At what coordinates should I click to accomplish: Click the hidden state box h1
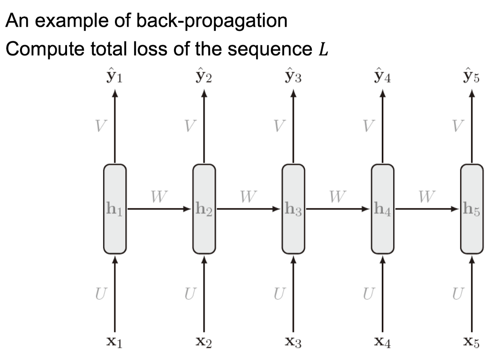pyautogui.click(x=115, y=209)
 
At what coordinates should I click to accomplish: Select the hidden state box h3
pyautogui.click(x=294, y=209)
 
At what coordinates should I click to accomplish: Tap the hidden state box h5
pyautogui.click(x=472, y=209)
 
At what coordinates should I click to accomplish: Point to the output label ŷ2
pyautogui.click(x=204, y=76)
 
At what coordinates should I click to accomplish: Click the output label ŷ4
pyautogui.click(x=382, y=76)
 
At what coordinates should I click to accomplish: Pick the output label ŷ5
pyautogui.click(x=471, y=76)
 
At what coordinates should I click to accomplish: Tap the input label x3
pyautogui.click(x=293, y=342)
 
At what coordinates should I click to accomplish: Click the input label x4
pyautogui.click(x=382, y=342)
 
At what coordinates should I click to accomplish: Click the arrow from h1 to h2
pyautogui.click(x=159, y=209)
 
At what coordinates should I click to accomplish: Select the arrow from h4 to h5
pyautogui.click(x=427, y=209)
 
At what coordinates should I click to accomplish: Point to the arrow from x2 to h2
pyautogui.click(x=204, y=294)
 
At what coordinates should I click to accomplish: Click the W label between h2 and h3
pyautogui.click(x=248, y=197)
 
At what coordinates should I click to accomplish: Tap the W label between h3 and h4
pyautogui.click(x=337, y=197)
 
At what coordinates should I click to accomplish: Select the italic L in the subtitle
pyautogui.click(x=323, y=49)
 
